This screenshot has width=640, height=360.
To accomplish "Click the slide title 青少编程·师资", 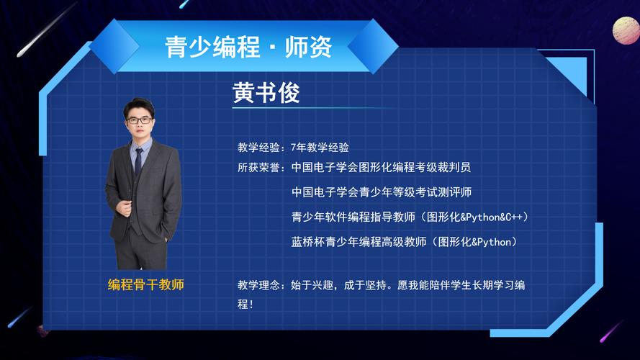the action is pyautogui.click(x=248, y=47).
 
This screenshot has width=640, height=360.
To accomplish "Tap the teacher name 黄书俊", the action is pyautogui.click(x=266, y=92).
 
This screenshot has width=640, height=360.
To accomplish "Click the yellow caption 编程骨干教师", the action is pyautogui.click(x=145, y=284).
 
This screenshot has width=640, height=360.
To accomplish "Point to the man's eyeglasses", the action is pyautogui.click(x=139, y=120).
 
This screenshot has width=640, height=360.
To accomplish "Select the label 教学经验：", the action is pyautogui.click(x=261, y=148).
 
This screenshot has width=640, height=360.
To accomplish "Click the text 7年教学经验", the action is pyautogui.click(x=320, y=148).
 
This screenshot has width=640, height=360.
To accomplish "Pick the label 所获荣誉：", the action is pyautogui.click(x=261, y=167).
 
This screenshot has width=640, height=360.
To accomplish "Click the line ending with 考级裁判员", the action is pyautogui.click(x=382, y=167).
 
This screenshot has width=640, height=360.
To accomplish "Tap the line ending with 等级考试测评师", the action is pyautogui.click(x=382, y=192).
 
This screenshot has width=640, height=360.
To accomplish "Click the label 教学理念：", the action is pyautogui.click(x=261, y=285).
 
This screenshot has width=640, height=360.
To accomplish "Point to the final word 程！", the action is pyautogui.click(x=245, y=304).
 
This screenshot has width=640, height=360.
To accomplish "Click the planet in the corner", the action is pyautogui.click(x=626, y=31).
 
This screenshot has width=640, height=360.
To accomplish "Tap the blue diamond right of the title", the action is pyautogui.click(x=373, y=46).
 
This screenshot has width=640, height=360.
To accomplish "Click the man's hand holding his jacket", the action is pyautogui.click(x=124, y=208).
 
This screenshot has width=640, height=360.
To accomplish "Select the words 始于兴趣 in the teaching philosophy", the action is pyautogui.click(x=312, y=285).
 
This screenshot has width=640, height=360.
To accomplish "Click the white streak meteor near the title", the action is pyautogui.click(x=47, y=30).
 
